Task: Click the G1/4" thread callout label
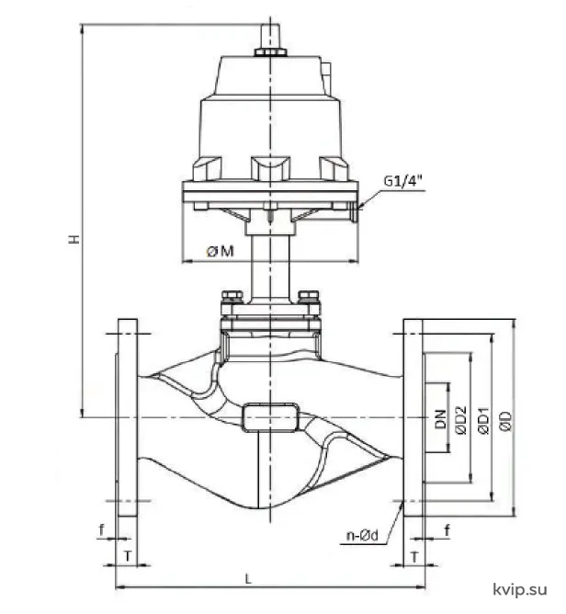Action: pyautogui.click(x=403, y=181)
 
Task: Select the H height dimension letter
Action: pyautogui.click(x=74, y=239)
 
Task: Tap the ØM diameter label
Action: pyautogui.click(x=221, y=251)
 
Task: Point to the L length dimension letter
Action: pyautogui.click(x=248, y=579)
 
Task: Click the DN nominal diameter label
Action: pyautogui.click(x=441, y=419)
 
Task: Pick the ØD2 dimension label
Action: pyautogui.click(x=461, y=420)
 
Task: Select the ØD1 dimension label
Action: pyautogui.click(x=484, y=421)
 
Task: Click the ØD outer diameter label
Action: pyautogui.click(x=505, y=421)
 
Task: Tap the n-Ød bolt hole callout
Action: pyautogui.click(x=362, y=535)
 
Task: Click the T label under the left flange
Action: pyautogui.click(x=128, y=556)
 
